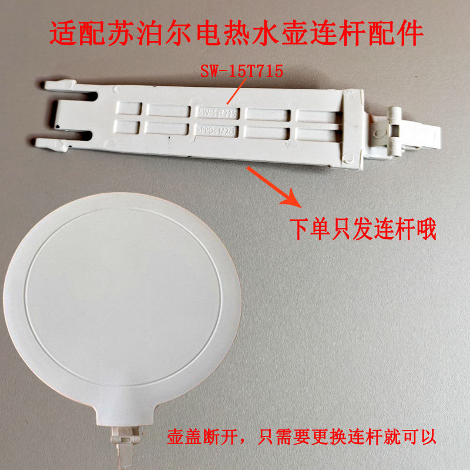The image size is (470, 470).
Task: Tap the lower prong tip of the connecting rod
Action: pyautogui.click(x=40, y=142)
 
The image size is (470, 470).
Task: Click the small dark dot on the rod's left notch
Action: pyautogui.click(x=58, y=125)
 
